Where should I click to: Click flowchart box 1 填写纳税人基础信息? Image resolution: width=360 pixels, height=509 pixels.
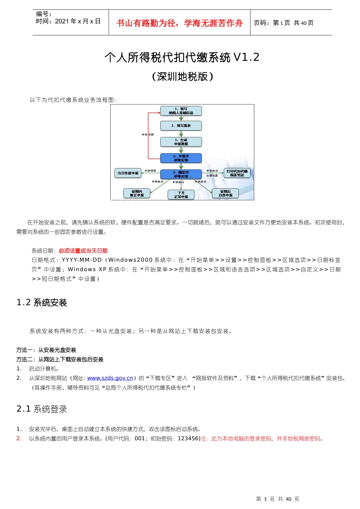coord(181,111)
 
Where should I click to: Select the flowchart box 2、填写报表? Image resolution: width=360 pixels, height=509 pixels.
coord(181,126)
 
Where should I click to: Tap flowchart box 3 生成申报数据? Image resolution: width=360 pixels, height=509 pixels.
coord(181,142)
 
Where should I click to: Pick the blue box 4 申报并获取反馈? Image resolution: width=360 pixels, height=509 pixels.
coord(181,158)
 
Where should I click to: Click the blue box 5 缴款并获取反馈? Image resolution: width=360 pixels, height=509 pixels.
coord(181,174)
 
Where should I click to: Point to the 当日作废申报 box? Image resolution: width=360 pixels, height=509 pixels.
coord(128,173)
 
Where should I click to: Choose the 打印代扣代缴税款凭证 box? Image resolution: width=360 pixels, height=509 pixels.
coord(237,173)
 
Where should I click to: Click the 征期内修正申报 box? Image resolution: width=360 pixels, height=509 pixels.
coord(137,194)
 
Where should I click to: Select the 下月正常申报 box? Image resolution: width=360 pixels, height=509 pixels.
coord(181,195)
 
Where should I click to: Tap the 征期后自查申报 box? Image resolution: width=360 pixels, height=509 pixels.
coord(225,194)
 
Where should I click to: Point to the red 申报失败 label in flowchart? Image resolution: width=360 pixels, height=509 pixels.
coord(148,134)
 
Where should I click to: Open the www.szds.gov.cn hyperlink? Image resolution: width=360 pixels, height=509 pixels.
coord(110,378)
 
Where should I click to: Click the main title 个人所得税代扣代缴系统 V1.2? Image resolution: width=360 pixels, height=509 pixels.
coord(182,57)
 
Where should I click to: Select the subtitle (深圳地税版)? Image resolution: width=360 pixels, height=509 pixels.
coord(182,77)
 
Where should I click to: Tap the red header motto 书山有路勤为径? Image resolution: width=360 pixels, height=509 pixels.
coord(179,23)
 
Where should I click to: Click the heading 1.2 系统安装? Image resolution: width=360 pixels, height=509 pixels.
coord(42,303)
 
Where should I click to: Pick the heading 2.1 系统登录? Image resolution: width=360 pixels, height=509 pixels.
coord(42,409)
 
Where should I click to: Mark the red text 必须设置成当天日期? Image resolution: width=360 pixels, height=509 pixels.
coord(83,251)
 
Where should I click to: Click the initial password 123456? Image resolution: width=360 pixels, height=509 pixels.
coord(188,439)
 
